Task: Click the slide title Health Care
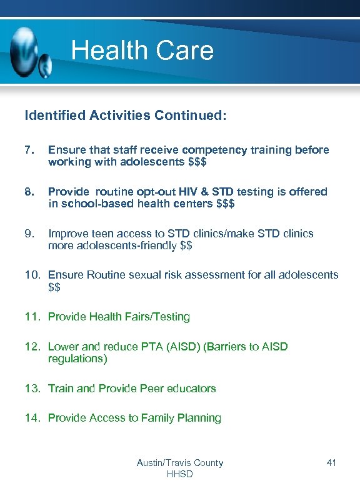click(x=142, y=51)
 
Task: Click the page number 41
click(x=331, y=463)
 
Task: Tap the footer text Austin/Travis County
click(x=180, y=463)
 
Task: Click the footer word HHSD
click(x=180, y=474)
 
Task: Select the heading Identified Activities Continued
click(x=125, y=116)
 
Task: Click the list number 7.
click(x=29, y=150)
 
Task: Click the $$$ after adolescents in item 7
click(x=197, y=162)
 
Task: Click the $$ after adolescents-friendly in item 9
click(x=186, y=245)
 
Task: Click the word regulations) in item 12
click(x=77, y=359)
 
